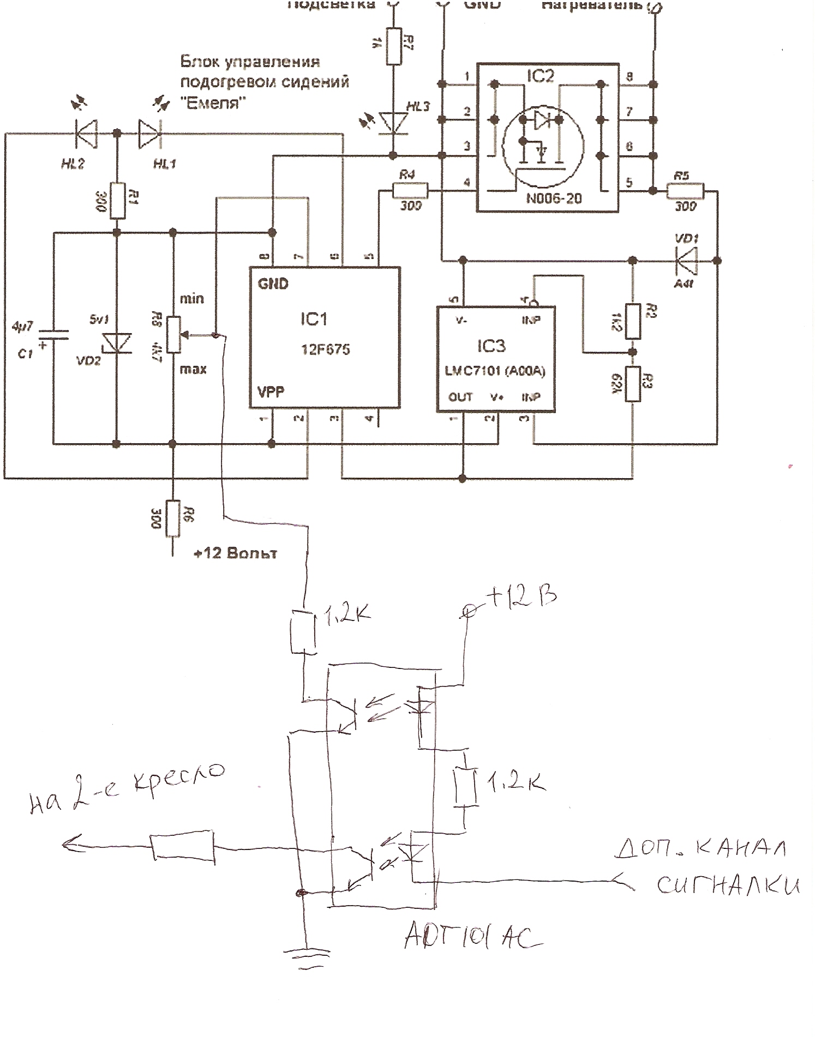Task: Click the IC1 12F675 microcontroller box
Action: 325,337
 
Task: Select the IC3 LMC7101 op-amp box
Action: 496,359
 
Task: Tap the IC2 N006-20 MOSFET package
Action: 548,137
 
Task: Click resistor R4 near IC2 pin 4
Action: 410,191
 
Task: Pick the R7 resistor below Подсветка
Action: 394,46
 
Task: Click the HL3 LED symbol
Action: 394,122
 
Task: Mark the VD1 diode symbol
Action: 686,261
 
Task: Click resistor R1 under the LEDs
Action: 116,201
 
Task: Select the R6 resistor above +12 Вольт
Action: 172,518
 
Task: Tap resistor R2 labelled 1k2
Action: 633,321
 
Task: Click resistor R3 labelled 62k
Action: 633,384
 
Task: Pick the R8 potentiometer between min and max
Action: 172,334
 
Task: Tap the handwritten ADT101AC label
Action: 472,937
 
